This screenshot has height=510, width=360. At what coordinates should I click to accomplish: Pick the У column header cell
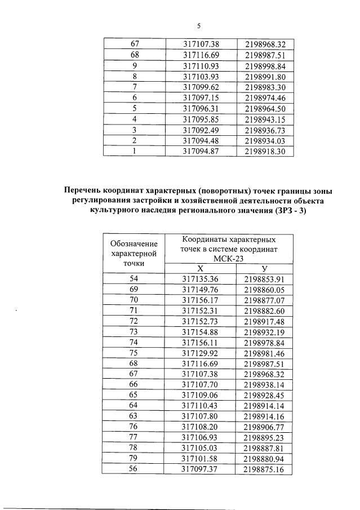pos(263,269)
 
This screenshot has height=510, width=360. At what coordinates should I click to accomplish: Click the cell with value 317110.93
pos(200,65)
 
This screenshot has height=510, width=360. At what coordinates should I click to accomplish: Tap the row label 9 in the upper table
pos(134,65)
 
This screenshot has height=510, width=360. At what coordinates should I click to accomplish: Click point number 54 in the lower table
pos(134,279)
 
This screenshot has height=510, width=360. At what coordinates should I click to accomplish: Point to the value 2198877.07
pos(264,300)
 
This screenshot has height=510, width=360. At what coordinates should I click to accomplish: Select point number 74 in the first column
pos(134,342)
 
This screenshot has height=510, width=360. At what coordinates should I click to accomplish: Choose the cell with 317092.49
pos(200,130)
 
